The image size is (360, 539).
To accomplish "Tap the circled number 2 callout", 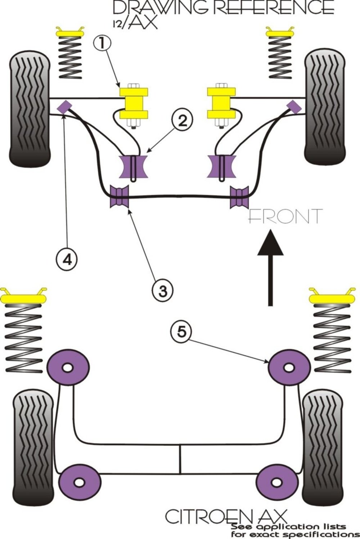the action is [182, 121].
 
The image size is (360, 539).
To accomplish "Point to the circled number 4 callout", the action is [67, 260].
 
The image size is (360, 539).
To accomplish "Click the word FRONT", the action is [285, 216].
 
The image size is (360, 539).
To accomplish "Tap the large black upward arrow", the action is [270, 267].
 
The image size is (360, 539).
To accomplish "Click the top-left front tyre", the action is [30, 108].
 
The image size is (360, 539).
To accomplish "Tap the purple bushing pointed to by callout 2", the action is [133, 167].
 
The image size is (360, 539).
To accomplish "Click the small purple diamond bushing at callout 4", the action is [64, 107].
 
